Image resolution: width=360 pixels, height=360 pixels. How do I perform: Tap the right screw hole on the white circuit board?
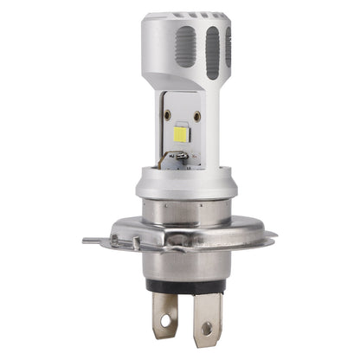196,115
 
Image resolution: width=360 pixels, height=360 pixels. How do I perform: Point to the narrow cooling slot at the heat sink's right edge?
228,47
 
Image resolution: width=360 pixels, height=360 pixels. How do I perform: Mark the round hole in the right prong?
206,327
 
